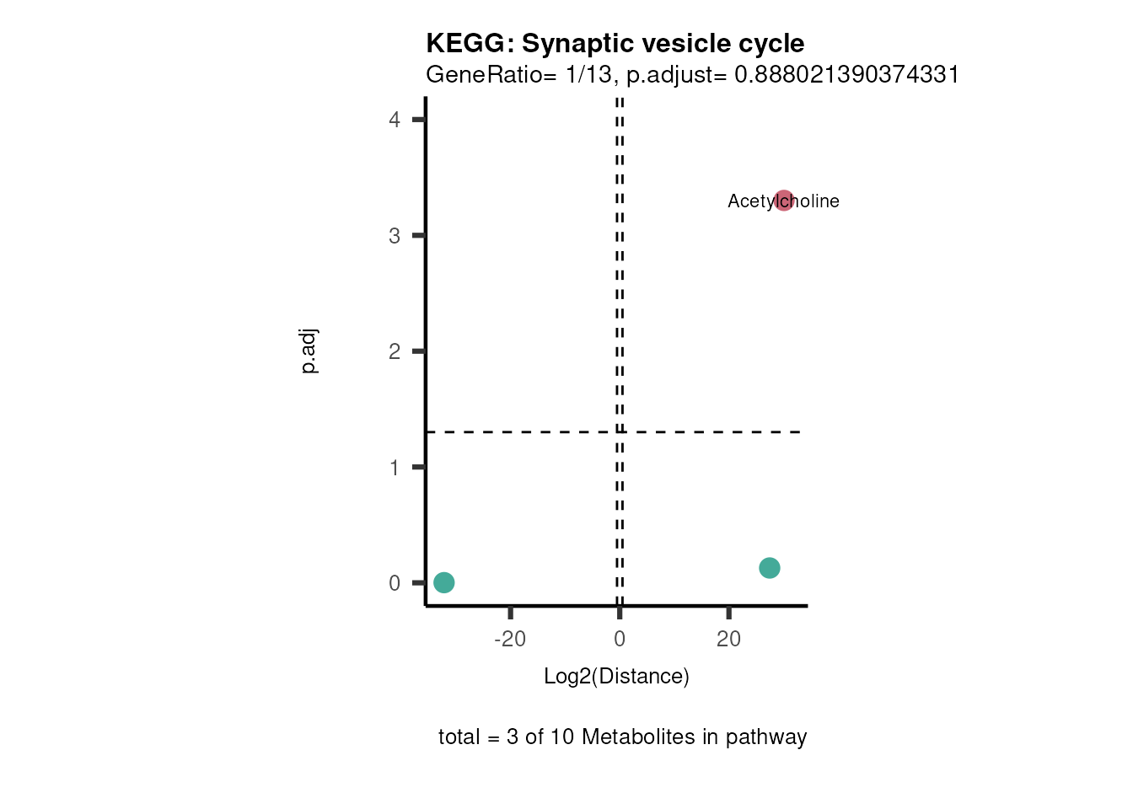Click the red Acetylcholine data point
tap(784, 201)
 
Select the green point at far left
tap(444, 582)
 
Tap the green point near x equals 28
tap(769, 568)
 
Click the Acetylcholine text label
tap(750, 201)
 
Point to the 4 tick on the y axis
tap(395, 120)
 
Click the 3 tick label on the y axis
tap(395, 236)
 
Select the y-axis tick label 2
tap(395, 351)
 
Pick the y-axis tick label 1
tap(395, 468)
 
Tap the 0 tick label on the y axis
tap(395, 583)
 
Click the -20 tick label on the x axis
tap(510, 640)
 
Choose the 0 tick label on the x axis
tap(620, 640)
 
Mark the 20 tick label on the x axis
tap(728, 640)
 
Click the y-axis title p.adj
tap(309, 351)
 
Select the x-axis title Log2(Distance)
tap(616, 677)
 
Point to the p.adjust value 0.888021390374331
tap(846, 75)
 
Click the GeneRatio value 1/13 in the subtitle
tap(588, 75)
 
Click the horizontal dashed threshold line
tap(523, 432)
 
